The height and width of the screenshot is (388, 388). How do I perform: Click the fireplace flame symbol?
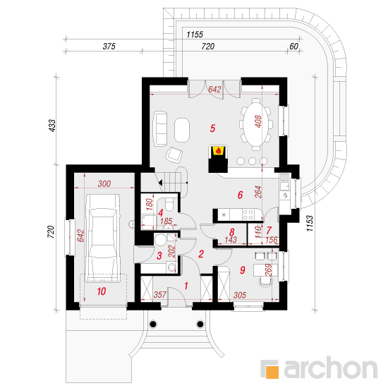click(218, 150)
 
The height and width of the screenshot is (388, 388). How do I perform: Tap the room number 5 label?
click(212, 128)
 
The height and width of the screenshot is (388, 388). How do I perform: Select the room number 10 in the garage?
click(102, 291)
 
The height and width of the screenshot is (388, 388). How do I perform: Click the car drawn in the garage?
click(102, 238)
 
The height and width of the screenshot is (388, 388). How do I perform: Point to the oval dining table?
click(256, 124)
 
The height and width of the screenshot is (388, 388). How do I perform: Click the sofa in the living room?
click(160, 128)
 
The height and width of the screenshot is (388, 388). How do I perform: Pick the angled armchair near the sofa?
click(174, 155)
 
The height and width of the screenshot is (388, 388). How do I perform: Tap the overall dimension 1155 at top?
click(195, 35)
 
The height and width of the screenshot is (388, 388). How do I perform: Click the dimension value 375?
click(109, 47)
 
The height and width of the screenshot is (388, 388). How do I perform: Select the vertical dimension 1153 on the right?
click(310, 224)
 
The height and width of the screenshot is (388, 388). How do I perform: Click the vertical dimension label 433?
click(52, 126)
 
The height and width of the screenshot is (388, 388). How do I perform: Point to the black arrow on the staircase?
click(160, 183)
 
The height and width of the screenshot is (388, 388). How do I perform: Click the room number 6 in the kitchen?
click(240, 195)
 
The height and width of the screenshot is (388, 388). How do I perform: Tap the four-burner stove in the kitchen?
click(248, 214)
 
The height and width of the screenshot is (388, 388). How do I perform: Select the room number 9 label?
click(243, 270)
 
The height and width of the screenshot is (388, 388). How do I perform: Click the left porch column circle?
click(153, 324)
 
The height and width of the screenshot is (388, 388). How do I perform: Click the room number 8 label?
click(232, 232)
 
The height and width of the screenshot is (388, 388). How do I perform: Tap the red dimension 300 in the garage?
click(104, 183)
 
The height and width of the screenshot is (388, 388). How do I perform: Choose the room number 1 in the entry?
click(186, 286)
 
